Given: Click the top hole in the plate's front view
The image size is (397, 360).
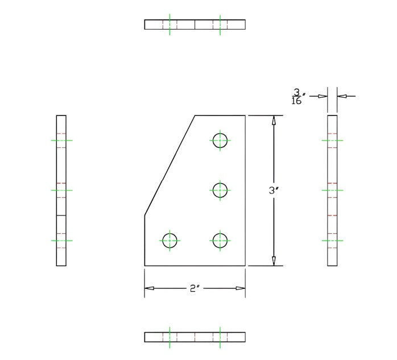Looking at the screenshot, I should point(220,139).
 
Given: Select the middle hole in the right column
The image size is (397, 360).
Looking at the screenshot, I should point(220,190).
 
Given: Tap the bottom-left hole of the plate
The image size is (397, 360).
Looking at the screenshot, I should point(170,241).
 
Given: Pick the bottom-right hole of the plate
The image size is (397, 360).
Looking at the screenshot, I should point(220,241).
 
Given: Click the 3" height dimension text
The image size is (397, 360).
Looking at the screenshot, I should point(272,191).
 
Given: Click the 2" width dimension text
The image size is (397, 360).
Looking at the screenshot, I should point(194,288).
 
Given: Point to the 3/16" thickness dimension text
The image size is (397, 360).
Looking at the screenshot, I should point(296,97).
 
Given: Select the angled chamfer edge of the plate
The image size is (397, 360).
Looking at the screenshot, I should point(169,165).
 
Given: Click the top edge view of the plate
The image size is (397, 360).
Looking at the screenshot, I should point(195,24).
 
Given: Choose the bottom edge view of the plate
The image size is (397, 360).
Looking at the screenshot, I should point(195,337).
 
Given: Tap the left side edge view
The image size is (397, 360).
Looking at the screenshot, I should point(61,191).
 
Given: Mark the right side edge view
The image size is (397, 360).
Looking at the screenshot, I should point(332,191).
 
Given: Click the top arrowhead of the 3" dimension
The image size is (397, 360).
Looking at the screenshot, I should point(274,121).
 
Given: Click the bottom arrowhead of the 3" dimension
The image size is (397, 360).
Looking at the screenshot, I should point(274,260).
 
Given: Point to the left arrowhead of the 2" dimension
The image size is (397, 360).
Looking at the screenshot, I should point(150,288).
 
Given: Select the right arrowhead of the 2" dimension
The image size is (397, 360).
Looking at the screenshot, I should point(240,288).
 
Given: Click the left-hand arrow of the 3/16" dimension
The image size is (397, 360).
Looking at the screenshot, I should point(322,96).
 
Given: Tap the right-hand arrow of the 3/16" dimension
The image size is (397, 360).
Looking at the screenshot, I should point(342,96).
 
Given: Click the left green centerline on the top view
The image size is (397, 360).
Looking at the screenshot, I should point(169,24).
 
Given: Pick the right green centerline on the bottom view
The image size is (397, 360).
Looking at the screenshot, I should point(220,337).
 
